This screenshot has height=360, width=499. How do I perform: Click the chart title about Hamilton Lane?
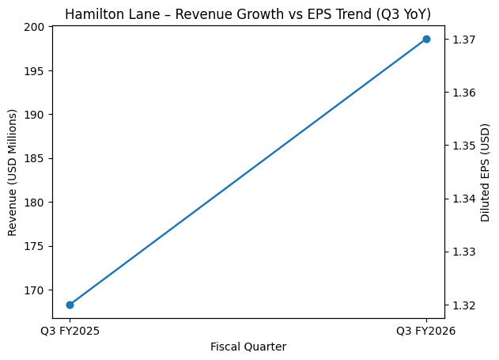(x=248, y=14)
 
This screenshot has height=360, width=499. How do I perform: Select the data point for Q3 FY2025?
(x=70, y=305)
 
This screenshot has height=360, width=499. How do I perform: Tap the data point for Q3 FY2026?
(x=426, y=39)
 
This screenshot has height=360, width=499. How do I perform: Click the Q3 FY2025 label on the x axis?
(x=70, y=331)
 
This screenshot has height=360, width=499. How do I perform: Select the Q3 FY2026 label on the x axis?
(x=426, y=331)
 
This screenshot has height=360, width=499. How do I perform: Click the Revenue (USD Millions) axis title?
(x=12, y=172)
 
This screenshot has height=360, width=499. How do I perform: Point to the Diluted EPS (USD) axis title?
(x=486, y=172)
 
